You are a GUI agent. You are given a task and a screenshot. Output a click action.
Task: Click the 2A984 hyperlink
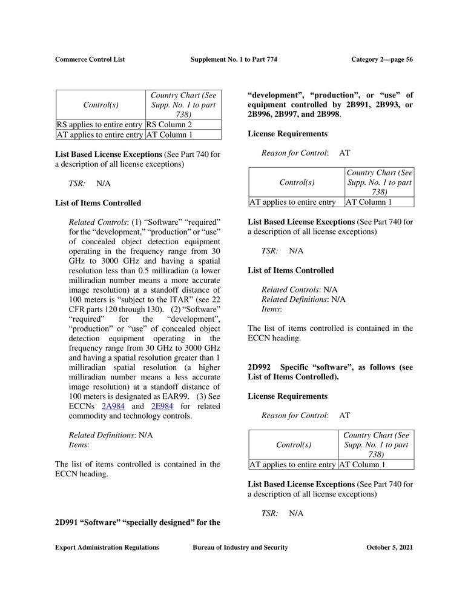point(114,406)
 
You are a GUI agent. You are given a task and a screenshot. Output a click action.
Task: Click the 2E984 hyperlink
point(160,406)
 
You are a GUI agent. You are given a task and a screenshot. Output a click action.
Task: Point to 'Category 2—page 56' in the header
point(381,59)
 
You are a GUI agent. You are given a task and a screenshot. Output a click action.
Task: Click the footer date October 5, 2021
point(389,547)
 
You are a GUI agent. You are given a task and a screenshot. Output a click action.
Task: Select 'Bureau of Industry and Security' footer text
point(240,547)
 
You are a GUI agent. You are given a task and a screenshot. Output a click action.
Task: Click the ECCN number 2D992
point(259,367)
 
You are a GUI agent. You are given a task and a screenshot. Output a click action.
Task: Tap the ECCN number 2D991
point(66,522)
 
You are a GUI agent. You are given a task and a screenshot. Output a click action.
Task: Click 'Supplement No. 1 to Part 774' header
point(233,59)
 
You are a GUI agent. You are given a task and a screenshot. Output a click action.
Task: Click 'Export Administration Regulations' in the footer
point(107,547)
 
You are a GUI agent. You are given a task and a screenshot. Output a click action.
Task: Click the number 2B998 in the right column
point(327,115)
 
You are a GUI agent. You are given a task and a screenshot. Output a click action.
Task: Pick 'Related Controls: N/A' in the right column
point(299,290)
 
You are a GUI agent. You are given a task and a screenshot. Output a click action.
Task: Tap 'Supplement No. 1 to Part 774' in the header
point(233,59)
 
